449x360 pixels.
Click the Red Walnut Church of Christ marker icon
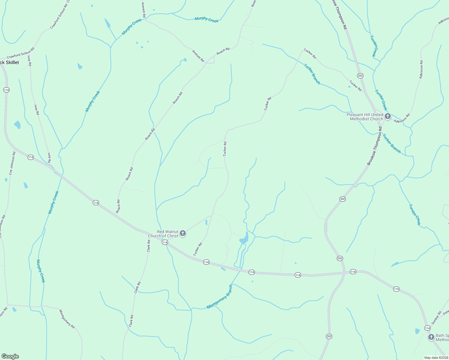(x=182, y=233)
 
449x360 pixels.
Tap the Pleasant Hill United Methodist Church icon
(x=387, y=116)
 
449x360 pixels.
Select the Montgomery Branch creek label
(x=220, y=297)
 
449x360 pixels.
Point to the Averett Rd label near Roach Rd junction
(x=198, y=56)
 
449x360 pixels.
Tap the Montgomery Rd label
(x=67, y=319)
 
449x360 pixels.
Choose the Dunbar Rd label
(x=436, y=318)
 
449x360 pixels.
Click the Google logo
(x=10, y=356)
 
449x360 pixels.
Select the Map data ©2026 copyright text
(x=436, y=358)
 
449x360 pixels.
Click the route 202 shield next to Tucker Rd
(x=360, y=76)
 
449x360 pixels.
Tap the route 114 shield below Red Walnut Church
(x=164, y=242)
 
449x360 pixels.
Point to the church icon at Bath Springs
(x=431, y=337)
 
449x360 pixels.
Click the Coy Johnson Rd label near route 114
(x=12, y=163)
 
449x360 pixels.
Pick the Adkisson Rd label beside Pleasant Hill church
(x=402, y=118)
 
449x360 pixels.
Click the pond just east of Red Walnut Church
(x=206, y=223)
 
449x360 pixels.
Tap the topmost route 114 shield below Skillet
(x=6, y=90)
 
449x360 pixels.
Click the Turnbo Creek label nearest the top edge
(x=374, y=46)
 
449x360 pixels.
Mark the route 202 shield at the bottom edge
(x=329, y=336)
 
